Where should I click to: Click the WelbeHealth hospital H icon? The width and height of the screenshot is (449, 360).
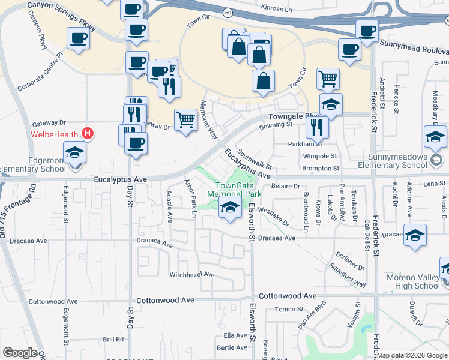click(88, 133)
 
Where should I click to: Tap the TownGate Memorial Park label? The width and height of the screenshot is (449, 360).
click(235, 190)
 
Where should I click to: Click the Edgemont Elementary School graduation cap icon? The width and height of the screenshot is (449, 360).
click(75, 152)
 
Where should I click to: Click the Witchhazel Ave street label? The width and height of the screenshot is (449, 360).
click(192, 274)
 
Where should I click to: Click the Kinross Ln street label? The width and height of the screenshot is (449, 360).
click(277, 8)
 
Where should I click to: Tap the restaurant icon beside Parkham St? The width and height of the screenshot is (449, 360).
click(316, 127)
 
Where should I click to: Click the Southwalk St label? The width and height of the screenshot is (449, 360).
click(255, 159)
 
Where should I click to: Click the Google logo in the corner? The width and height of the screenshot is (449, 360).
click(19, 353)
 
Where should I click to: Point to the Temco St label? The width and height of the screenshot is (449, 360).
click(290, 309)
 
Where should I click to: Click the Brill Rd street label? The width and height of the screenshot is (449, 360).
click(113, 339)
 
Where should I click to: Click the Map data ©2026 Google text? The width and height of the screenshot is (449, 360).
click(412, 355)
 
